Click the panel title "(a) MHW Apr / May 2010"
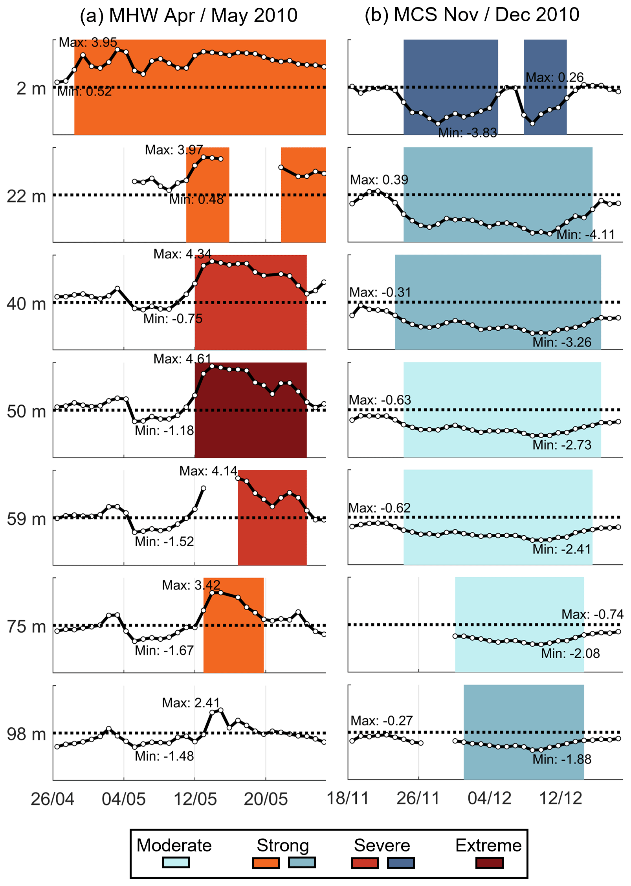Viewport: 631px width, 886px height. (189, 16)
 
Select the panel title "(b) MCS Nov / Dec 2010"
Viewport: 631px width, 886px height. (472, 15)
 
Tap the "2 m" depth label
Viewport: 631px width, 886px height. (31, 88)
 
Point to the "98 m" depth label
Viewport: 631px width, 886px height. (26, 734)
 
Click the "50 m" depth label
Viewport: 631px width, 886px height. (26, 411)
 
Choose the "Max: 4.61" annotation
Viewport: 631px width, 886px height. (182, 359)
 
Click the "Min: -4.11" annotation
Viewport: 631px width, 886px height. (585, 234)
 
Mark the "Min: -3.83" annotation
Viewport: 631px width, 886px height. (468, 133)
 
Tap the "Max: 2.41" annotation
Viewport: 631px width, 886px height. (191, 703)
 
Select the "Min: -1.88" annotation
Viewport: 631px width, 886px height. (562, 759)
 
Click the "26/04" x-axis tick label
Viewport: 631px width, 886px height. (53, 799)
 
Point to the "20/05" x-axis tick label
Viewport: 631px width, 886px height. (266, 799)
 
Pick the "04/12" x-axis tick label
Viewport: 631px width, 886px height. (490, 798)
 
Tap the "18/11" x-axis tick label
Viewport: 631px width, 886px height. (348, 798)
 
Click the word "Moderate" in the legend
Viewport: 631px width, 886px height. (174, 845)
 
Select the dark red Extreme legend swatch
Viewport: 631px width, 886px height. (489, 863)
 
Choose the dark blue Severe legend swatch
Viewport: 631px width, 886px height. (400, 863)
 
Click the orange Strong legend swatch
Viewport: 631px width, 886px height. (266, 863)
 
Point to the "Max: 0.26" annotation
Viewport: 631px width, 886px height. (554, 77)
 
